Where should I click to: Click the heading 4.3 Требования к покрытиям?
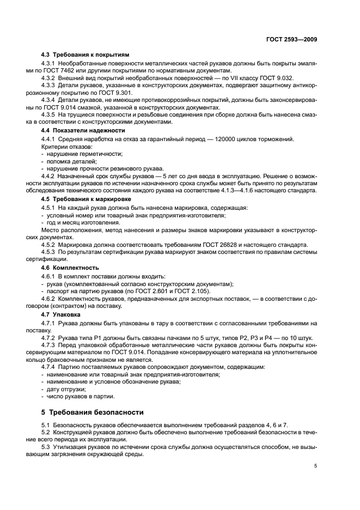86,55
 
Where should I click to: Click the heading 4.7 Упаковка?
61,314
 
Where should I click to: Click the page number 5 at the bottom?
315,466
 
